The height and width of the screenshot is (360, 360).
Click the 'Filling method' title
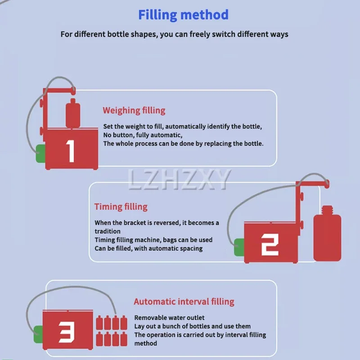tap(183, 15)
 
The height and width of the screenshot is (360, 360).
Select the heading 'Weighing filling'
tap(134, 110)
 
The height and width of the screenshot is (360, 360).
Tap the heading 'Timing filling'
tap(121, 207)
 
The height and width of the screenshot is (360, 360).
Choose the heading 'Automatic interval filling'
tap(184, 301)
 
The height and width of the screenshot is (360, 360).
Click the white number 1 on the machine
tap(71, 151)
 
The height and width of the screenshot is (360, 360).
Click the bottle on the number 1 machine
tap(72, 115)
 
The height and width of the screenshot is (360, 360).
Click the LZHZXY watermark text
tap(179, 180)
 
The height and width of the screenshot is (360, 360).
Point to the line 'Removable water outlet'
tap(169, 318)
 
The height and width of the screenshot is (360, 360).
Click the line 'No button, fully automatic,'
tap(142, 135)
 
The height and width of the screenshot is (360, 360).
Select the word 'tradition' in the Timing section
tap(108, 231)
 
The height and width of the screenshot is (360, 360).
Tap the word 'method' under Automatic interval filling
tap(145, 343)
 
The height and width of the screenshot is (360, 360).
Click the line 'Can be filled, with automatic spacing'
tap(148, 248)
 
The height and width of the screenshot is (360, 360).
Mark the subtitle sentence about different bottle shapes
tap(174, 34)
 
